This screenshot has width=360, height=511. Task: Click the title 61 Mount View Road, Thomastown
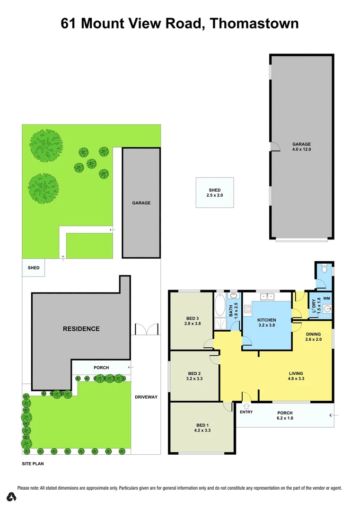click(x=180, y=24)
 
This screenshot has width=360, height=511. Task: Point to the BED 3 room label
click(x=192, y=318)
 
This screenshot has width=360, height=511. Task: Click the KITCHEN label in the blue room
click(x=266, y=320)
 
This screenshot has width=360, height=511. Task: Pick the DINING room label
click(x=313, y=334)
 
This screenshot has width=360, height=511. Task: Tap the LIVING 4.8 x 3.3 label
click(x=296, y=377)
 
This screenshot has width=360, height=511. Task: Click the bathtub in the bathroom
click(x=220, y=305)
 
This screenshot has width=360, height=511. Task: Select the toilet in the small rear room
click(x=325, y=269)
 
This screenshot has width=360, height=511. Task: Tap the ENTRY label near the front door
click(x=246, y=412)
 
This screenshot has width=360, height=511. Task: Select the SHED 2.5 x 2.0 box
click(x=215, y=192)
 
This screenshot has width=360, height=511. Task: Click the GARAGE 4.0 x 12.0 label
click(x=301, y=147)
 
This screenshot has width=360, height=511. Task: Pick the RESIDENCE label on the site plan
click(x=81, y=328)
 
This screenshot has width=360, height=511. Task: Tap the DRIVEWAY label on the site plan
click(x=146, y=397)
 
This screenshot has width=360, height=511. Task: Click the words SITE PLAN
click(x=33, y=464)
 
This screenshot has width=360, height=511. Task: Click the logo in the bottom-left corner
click(x=11, y=496)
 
